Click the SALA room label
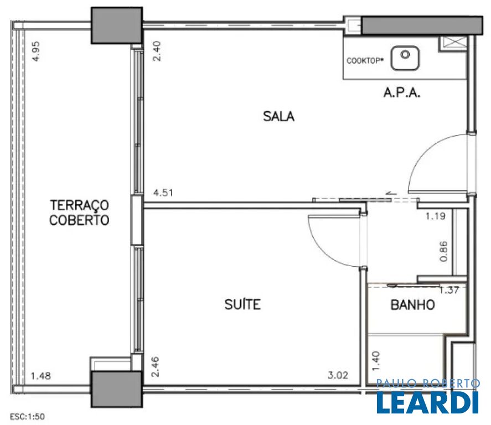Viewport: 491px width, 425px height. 278,116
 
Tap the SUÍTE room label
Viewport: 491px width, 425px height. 242,304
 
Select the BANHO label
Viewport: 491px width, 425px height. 413,305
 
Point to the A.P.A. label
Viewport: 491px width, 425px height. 402,92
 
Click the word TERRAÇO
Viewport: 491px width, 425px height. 80,205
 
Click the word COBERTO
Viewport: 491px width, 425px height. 79,220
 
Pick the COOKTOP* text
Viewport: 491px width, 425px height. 365,61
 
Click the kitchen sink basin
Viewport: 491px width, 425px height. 405,58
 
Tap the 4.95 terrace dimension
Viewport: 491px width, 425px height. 36,51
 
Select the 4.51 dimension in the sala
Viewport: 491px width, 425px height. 163,193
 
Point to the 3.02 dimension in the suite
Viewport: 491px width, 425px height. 338,375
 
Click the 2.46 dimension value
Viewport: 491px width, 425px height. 155,367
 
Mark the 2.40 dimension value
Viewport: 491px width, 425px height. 157,51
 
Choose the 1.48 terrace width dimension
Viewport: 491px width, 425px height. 41,376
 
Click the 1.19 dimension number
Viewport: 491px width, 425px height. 436,216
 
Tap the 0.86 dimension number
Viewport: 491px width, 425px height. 444,251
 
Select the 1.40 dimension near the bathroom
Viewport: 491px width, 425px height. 376,361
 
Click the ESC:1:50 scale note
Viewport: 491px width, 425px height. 27,417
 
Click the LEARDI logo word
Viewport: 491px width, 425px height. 428,402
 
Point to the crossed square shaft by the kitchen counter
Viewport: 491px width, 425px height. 452,43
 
